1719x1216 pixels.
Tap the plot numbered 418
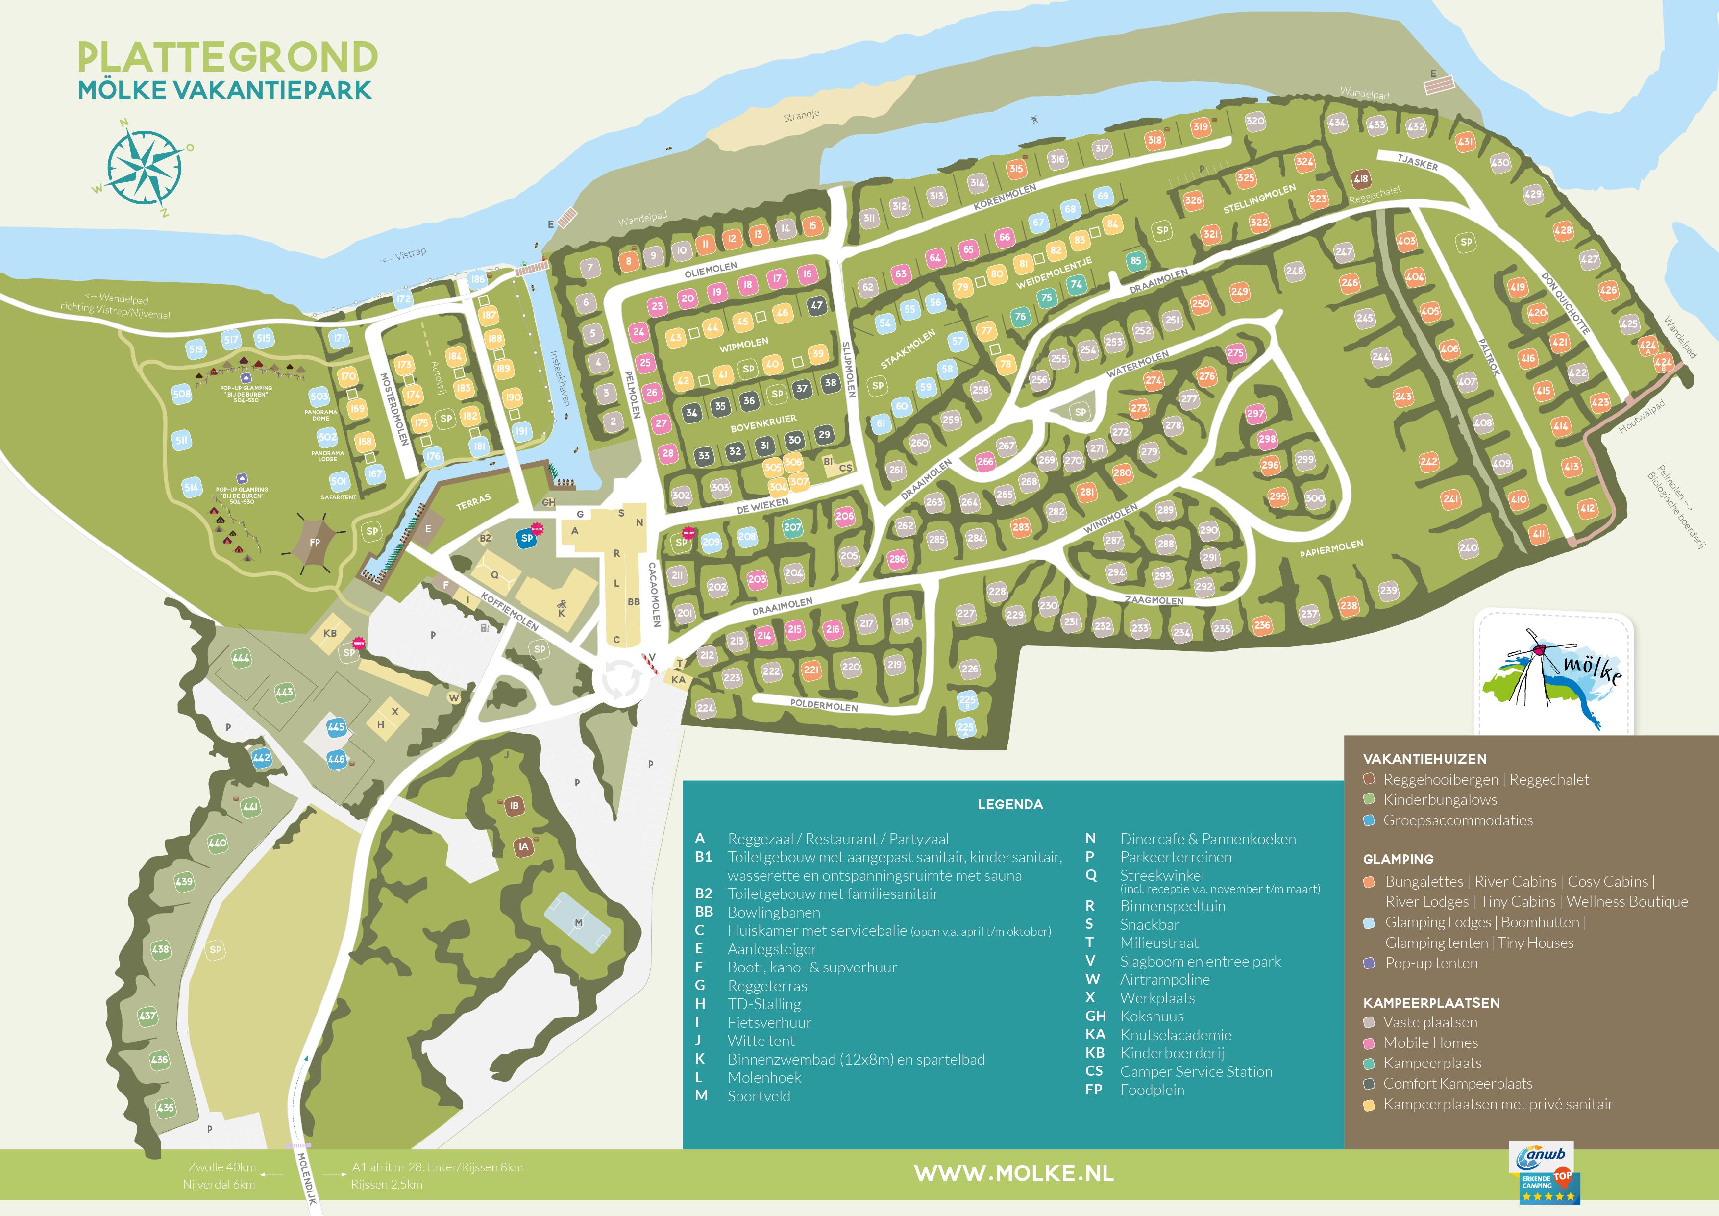[x=1360, y=179]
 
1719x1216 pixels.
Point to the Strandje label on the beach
[x=801, y=116]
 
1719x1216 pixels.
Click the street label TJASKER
[x=1417, y=162]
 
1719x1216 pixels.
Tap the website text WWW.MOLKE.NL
[x=1014, y=1172]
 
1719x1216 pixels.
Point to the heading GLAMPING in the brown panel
[x=1398, y=859]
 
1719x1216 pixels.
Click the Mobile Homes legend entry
[x=1430, y=1042]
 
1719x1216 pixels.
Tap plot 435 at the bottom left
[x=166, y=1107]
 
